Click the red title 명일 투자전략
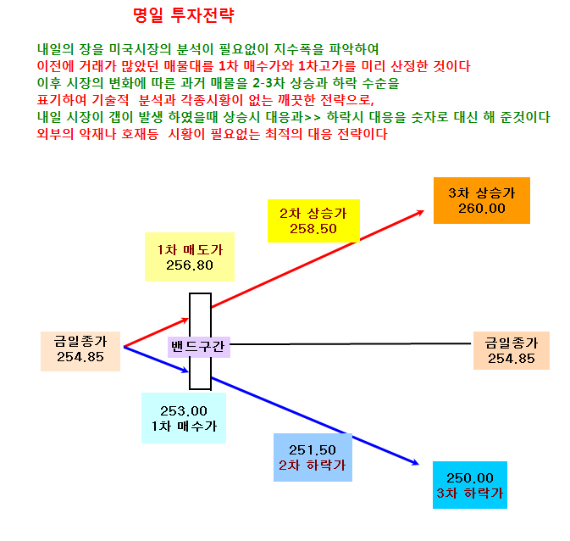[184, 15]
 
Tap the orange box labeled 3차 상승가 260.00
[482, 201]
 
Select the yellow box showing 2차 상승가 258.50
[313, 220]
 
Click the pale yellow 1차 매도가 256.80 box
[190, 257]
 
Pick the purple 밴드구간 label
[198, 347]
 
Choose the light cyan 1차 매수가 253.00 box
[184, 418]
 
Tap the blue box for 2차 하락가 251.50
[313, 458]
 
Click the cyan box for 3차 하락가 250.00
[470, 485]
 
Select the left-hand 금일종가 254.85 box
[80, 351]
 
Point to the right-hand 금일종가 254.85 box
[511, 350]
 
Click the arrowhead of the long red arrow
[422, 211]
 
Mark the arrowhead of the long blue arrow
[417, 464]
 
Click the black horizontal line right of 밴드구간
[351, 343]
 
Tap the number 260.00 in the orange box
[482, 209]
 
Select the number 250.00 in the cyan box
[470, 477]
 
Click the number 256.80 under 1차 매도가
[190, 265]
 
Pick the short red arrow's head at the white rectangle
[186, 320]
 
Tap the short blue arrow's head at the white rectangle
[185, 371]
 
